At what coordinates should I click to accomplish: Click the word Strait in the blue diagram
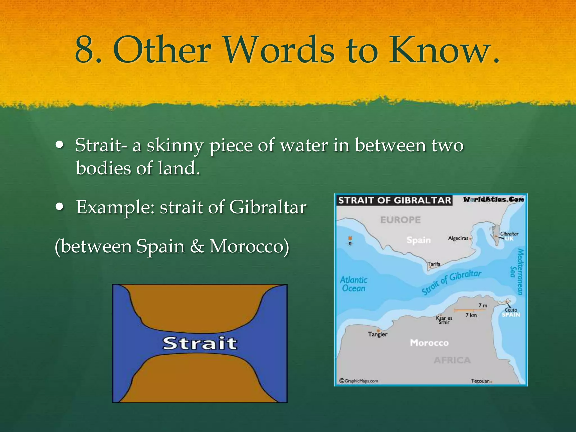point(200,343)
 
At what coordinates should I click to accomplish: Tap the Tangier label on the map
point(377,334)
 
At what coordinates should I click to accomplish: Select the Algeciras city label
point(458,238)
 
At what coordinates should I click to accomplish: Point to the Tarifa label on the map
point(434,264)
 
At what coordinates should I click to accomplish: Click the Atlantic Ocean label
point(354,284)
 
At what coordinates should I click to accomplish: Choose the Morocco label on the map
point(429,343)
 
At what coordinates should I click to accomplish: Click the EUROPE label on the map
point(400,220)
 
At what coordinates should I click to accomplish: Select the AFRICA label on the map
point(452,360)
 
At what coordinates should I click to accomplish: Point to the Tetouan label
point(480,381)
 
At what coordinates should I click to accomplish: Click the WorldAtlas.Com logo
point(493,200)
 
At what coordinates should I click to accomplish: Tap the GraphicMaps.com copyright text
point(359,381)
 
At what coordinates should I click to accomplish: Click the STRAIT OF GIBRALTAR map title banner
point(394,200)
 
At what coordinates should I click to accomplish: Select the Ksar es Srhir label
point(444,320)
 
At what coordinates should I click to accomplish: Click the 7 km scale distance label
point(471,315)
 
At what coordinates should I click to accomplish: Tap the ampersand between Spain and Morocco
point(197,246)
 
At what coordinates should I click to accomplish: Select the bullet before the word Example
point(60,207)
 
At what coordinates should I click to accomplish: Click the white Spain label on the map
point(418,240)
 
